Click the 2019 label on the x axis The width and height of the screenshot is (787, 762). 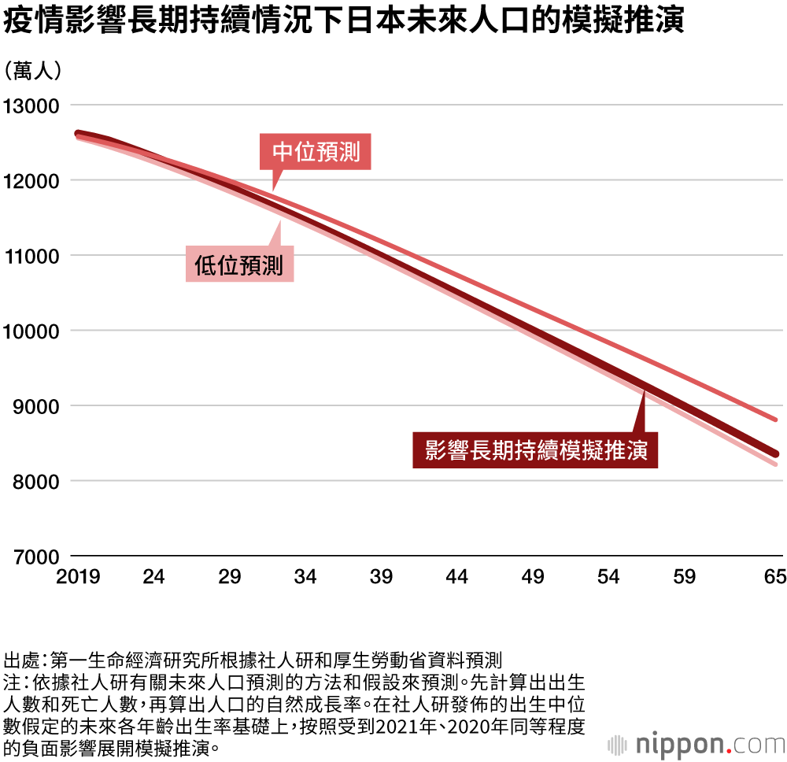[x=78, y=578]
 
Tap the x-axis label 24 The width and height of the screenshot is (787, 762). [x=154, y=578]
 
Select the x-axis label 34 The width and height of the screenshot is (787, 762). [x=305, y=578]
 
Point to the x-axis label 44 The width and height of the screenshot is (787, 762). [x=457, y=578]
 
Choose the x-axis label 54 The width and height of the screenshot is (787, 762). [x=609, y=578]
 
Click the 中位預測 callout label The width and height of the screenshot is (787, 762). [x=316, y=152]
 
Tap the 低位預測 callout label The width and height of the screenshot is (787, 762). [x=239, y=264]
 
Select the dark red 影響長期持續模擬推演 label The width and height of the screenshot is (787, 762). [x=536, y=450]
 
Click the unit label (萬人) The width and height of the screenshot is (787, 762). [x=32, y=71]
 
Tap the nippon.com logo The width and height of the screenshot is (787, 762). [x=696, y=742]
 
